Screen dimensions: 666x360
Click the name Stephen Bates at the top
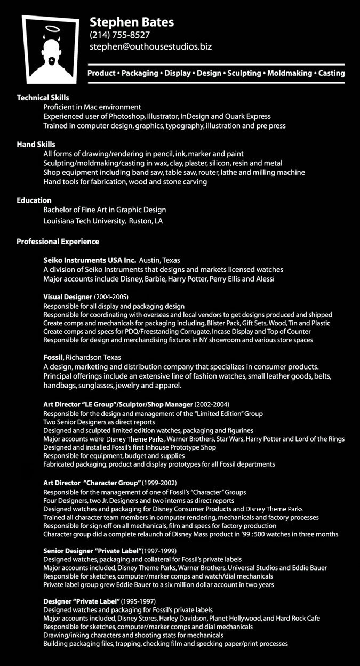click(132, 22)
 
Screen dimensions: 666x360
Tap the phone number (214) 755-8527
click(119, 35)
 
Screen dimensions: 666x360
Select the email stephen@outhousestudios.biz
click(150, 47)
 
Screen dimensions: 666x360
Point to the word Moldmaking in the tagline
click(290, 73)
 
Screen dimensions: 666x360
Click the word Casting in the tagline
click(331, 73)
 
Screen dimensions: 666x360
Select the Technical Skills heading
click(43, 98)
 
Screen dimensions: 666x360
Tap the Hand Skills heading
click(36, 144)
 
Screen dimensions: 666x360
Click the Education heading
click(34, 200)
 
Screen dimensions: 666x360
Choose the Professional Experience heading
click(58, 242)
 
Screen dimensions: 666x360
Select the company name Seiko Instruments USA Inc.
click(90, 260)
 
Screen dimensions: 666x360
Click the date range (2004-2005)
click(111, 296)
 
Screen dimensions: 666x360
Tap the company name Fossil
click(53, 357)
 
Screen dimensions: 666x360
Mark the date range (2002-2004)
click(212, 404)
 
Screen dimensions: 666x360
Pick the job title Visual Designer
click(67, 296)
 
